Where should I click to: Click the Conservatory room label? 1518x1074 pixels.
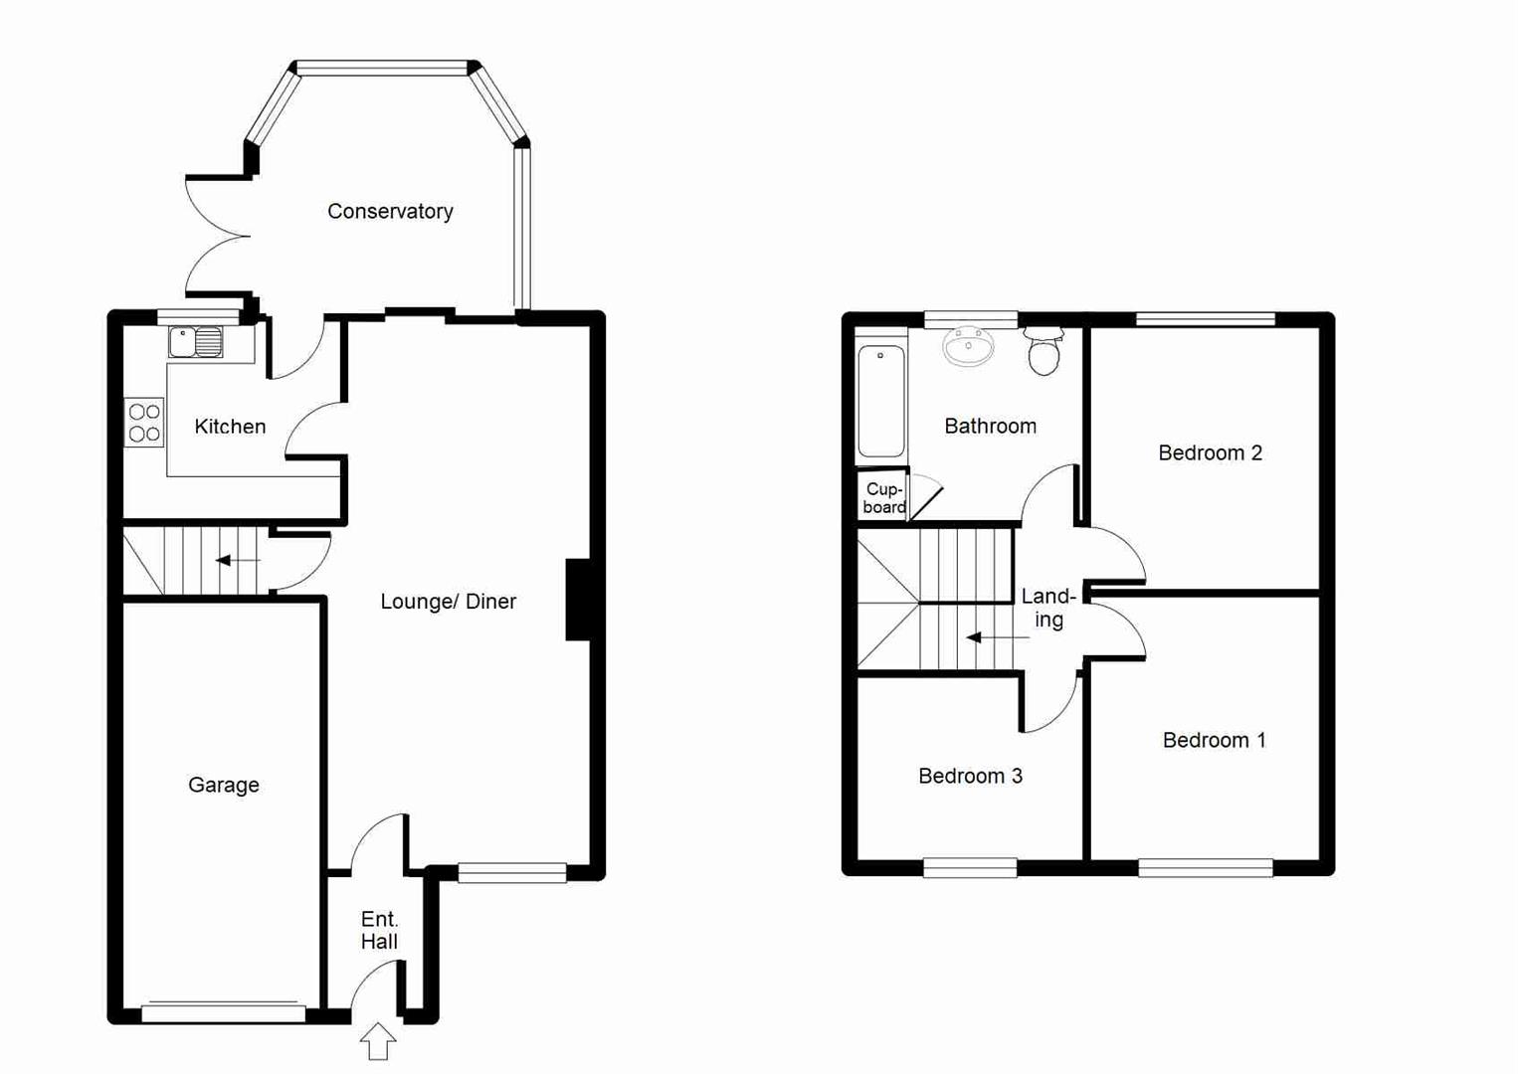pos(390,212)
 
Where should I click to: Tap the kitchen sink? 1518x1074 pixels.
pos(196,342)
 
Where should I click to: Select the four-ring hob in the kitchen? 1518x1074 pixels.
pos(144,422)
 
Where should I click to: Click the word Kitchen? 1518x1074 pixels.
pos(230,427)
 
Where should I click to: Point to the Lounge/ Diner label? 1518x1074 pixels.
pos(448,602)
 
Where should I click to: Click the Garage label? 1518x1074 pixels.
pos(224,786)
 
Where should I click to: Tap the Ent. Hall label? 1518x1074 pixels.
pos(379,931)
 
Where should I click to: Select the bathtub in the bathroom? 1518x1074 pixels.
pos(881,401)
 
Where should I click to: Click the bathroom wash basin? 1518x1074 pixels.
pos(968,347)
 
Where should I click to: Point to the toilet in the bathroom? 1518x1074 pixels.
pos(1044,352)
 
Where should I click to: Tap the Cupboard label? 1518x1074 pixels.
pos(883,498)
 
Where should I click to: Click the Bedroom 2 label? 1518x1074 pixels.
pos(1210,453)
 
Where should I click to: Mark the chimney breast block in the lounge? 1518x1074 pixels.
pos(579,600)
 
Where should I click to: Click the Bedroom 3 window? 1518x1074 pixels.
pos(970,868)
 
